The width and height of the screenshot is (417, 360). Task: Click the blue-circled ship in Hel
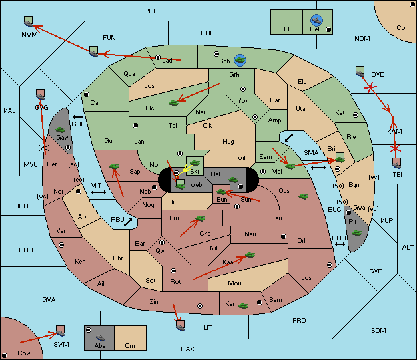316,20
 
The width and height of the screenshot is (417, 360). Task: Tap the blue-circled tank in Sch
240,60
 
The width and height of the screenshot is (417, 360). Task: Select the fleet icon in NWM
29,21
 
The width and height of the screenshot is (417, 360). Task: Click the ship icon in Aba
100,338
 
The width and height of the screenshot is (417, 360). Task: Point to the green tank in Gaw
61,130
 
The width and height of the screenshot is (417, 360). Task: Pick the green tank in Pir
356,233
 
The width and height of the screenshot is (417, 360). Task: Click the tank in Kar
244,306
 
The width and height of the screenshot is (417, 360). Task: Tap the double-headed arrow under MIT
99,192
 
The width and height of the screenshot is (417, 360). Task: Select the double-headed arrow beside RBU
128,222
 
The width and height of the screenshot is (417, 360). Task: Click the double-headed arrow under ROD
340,244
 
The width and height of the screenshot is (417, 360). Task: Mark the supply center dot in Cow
5,355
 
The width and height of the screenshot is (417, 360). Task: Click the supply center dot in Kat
356,115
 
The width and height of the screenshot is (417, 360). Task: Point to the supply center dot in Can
87,94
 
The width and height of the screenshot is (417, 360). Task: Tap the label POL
151,11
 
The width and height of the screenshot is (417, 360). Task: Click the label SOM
378,330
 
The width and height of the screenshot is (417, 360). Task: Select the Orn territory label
130,345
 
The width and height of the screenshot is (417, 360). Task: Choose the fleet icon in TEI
397,164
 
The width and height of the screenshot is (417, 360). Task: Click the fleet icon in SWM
61,331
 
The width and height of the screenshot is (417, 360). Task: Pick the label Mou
235,283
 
